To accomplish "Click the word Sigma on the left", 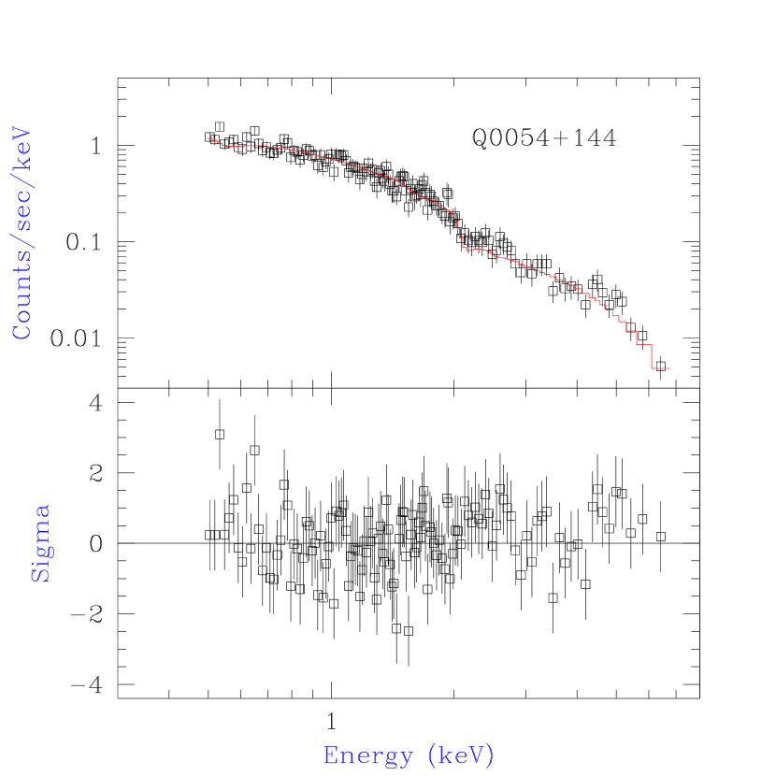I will [x=41, y=543].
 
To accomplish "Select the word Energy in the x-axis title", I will [x=366, y=755].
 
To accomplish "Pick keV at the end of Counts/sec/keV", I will [x=22, y=149].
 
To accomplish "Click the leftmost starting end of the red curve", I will [x=208, y=138].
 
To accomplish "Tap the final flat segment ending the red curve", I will [x=661, y=368].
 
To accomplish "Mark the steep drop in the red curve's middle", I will [x=459, y=234].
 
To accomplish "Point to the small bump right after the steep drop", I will [x=479, y=249].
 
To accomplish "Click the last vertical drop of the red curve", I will [x=652, y=356].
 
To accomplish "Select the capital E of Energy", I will [x=330, y=754].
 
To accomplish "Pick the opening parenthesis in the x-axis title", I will [x=431, y=755].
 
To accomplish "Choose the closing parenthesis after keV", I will [x=490, y=755].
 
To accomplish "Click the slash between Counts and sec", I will [x=22, y=251].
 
